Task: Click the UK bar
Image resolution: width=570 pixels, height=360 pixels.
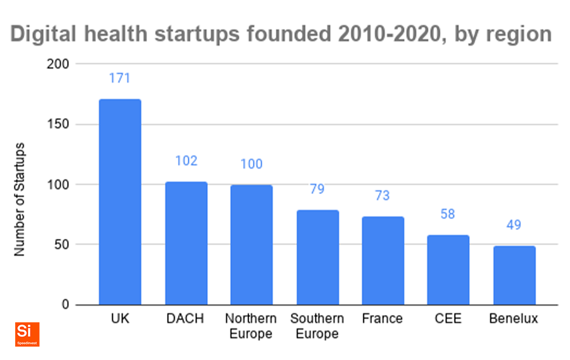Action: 120,201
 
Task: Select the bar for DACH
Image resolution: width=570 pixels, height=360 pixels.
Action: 186,243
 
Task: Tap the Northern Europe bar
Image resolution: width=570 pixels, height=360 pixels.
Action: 252,244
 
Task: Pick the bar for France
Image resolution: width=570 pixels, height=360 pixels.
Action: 383,260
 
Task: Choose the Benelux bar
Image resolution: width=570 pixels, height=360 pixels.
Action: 514,275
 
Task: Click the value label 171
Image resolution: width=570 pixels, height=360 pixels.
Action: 120,78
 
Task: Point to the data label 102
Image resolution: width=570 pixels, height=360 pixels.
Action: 186,161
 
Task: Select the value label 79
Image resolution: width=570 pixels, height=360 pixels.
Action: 317,189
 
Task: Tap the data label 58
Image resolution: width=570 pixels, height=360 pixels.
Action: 448,214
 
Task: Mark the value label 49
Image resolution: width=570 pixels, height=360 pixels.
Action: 514,225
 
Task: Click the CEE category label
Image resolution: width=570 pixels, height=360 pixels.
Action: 448,319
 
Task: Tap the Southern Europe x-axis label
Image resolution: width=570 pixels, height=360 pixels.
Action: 317,326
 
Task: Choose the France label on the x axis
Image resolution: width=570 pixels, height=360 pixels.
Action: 383,319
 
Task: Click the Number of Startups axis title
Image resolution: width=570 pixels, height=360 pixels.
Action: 20,199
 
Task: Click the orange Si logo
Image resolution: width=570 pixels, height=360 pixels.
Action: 27,334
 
